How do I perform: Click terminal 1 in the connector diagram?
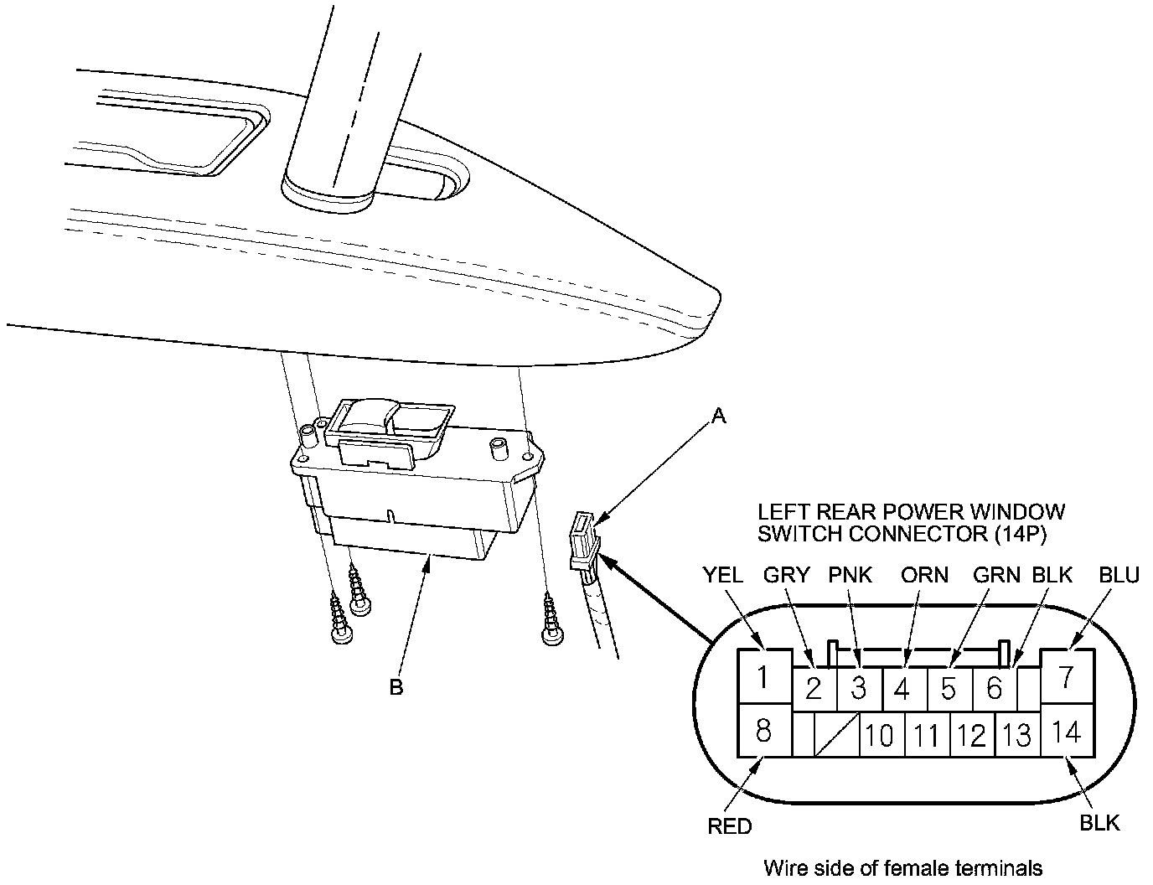[763, 676]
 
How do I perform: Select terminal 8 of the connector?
[763, 731]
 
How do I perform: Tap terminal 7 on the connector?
[1066, 676]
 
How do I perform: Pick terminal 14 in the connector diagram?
[1067, 731]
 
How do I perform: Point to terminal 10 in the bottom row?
[880, 735]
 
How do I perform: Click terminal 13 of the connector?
[1016, 735]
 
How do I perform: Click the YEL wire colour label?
[722, 575]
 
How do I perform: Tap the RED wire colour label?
[730, 826]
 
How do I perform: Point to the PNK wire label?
[851, 575]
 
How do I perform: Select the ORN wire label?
[924, 575]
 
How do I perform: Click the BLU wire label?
[1119, 575]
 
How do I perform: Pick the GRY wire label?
[787, 575]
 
